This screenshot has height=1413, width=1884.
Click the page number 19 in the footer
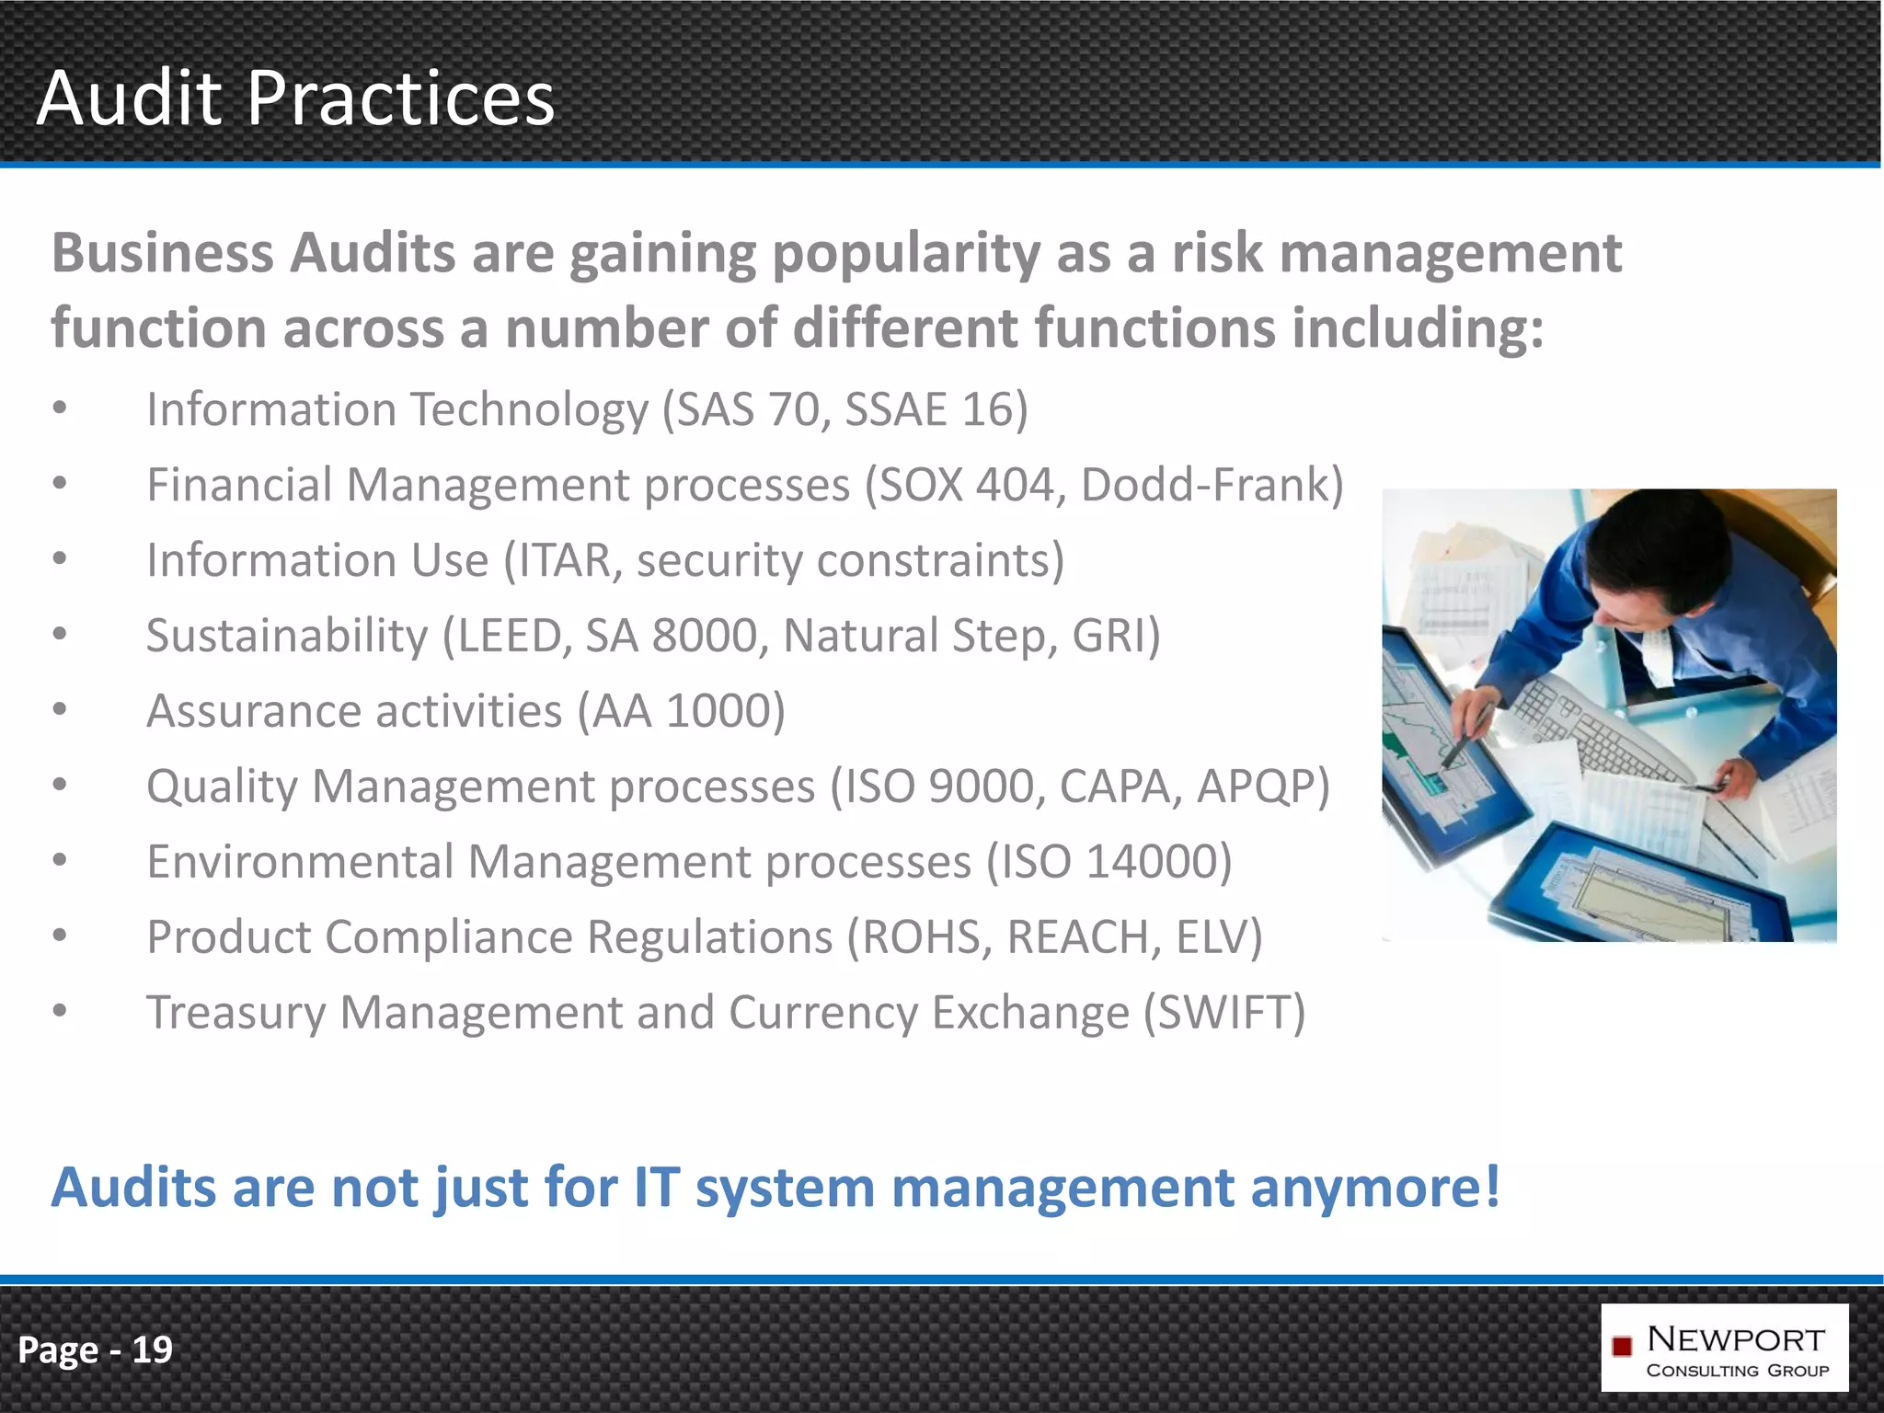coord(152,1350)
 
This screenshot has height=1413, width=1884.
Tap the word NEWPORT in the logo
coord(1736,1338)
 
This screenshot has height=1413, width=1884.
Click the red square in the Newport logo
coord(1622,1347)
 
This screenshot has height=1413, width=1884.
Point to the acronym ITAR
coord(564,560)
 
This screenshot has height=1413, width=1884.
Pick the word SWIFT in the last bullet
coord(1224,1013)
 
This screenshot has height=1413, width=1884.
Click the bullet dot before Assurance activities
coord(60,709)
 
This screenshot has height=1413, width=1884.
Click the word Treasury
coord(236,1013)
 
